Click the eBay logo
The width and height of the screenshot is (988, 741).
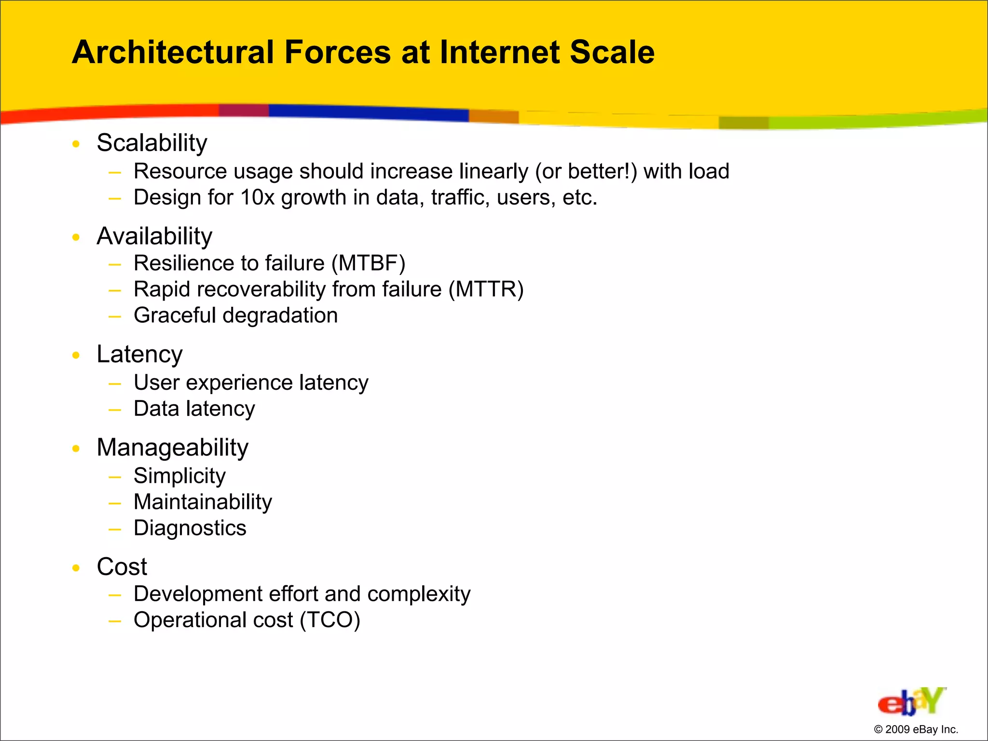pyautogui.click(x=911, y=701)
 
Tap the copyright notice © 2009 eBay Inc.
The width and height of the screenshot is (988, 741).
pyautogui.click(x=916, y=729)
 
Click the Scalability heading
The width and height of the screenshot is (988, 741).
pyautogui.click(x=152, y=143)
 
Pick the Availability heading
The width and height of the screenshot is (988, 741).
pyautogui.click(x=154, y=236)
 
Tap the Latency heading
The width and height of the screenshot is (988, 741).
pyautogui.click(x=139, y=355)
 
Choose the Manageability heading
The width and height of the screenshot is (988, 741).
pyautogui.click(x=172, y=448)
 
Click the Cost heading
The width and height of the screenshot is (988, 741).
pyautogui.click(x=122, y=567)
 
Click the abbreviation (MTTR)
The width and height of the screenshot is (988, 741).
pyautogui.click(x=486, y=289)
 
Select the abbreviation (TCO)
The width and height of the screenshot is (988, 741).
pyautogui.click(x=329, y=620)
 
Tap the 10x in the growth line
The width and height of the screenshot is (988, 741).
pyautogui.click(x=257, y=198)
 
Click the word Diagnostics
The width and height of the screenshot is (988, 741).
pyautogui.click(x=190, y=528)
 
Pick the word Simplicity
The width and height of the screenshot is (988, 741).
pyautogui.click(x=179, y=476)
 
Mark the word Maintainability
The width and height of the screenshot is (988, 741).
pyautogui.click(x=203, y=502)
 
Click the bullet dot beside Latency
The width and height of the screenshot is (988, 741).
pyautogui.click(x=76, y=356)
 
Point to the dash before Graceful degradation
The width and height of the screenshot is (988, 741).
pyautogui.click(x=115, y=317)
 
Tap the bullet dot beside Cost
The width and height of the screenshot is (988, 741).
pyautogui.click(x=76, y=568)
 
